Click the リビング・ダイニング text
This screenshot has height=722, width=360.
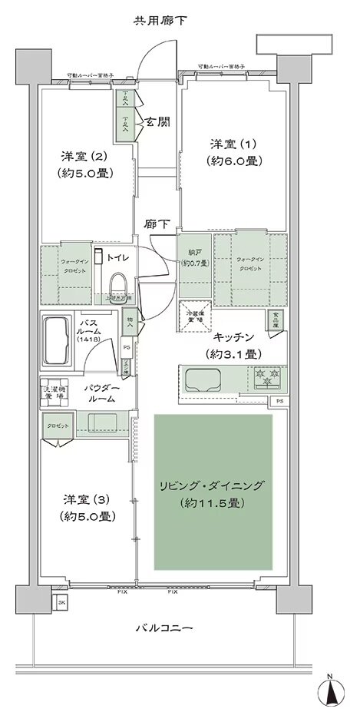point(213,485)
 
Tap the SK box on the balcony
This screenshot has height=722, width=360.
point(61,604)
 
